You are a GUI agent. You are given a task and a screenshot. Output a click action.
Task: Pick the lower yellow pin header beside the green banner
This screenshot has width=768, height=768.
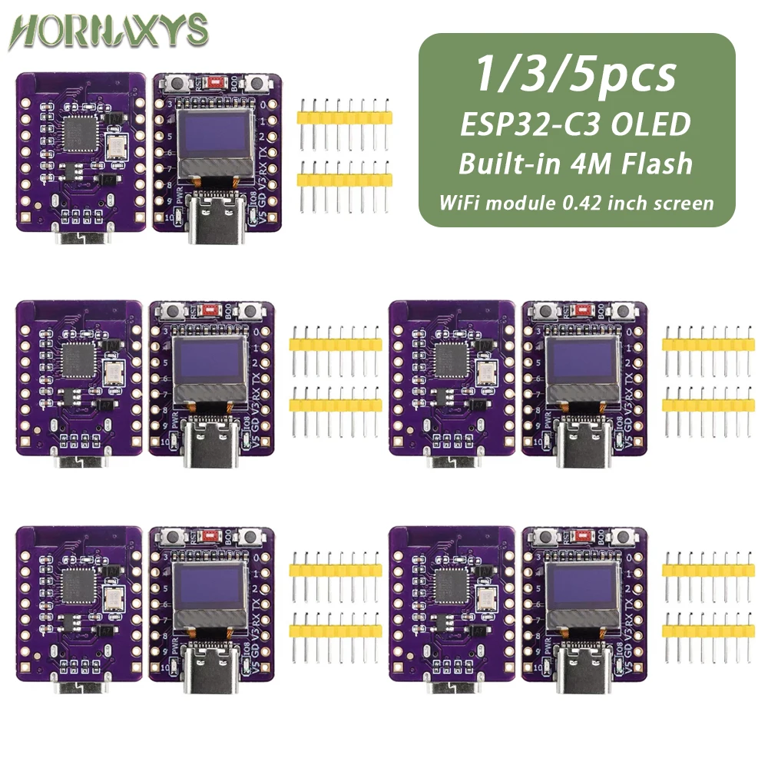(346, 180)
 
